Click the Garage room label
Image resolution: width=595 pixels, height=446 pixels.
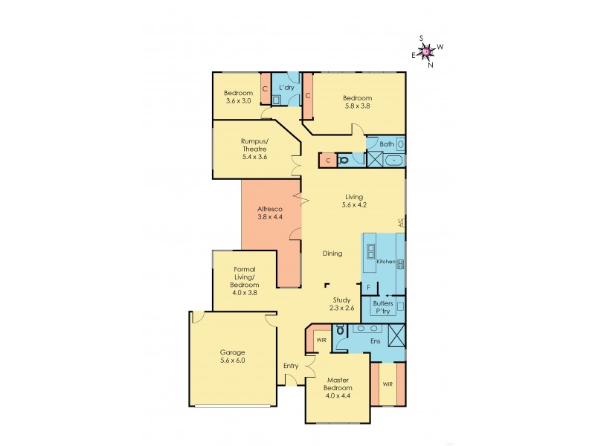tap(232, 356)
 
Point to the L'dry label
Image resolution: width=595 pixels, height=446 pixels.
tap(286, 88)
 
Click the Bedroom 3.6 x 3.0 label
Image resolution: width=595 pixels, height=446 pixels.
tap(238, 97)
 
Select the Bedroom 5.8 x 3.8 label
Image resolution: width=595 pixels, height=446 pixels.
tap(356, 102)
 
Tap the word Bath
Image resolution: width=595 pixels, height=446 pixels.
tap(387, 143)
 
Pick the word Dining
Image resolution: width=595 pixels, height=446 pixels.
tap(332, 253)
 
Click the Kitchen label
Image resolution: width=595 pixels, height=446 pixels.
tap(385, 262)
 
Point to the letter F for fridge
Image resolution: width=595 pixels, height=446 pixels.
tap(368, 286)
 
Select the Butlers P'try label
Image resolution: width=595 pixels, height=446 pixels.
tap(382, 308)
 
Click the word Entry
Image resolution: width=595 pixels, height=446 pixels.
tap(291, 366)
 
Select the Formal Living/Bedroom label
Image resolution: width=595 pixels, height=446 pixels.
tap(245, 281)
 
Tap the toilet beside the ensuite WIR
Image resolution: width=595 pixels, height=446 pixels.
tap(340, 330)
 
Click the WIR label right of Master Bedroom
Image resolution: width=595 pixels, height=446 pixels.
tap(388, 384)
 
